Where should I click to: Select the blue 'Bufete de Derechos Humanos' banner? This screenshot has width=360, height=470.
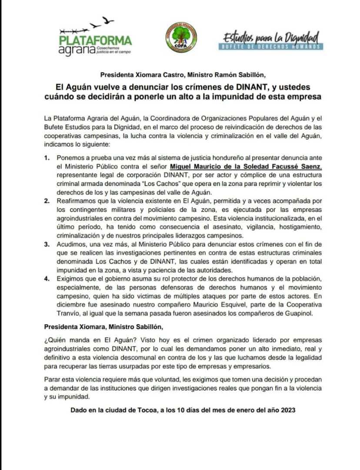tap(271, 46)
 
